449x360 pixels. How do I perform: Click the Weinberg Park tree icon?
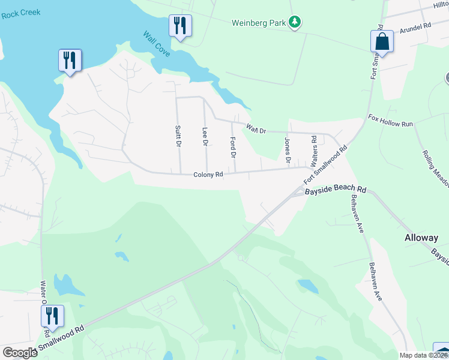[x=294, y=23]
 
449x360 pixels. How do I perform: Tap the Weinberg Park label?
[x=258, y=23]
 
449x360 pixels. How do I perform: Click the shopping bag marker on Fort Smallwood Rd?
[x=382, y=41]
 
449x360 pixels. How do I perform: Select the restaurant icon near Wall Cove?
[x=180, y=26]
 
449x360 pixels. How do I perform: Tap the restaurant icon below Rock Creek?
[x=70, y=60]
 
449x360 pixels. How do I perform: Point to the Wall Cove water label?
[x=156, y=44]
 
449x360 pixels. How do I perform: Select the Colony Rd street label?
[x=208, y=175]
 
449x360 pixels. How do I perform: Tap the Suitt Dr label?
[x=178, y=136]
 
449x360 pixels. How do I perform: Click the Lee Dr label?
[x=205, y=136]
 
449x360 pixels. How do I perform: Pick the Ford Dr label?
[x=233, y=147]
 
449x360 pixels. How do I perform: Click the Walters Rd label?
[x=313, y=148]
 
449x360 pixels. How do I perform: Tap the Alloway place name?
[x=421, y=238]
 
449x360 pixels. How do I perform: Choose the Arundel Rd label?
[x=415, y=28]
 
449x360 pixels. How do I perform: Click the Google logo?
[x=20, y=353]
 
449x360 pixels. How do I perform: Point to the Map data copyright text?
[x=424, y=355]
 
